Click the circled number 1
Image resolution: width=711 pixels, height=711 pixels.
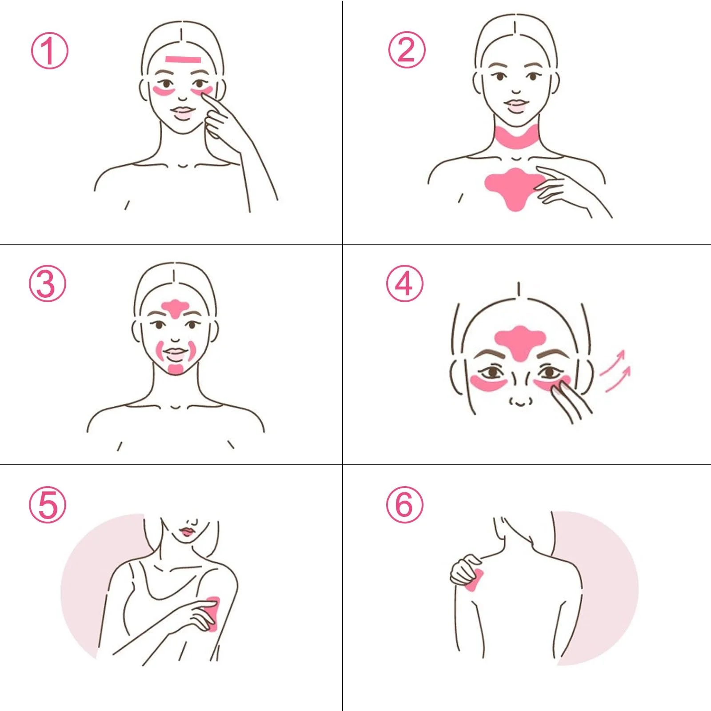click(x=49, y=50)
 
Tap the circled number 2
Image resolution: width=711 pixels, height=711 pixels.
click(x=407, y=50)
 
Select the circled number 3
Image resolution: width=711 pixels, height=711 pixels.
click(x=48, y=284)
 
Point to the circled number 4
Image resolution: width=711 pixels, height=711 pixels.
click(x=404, y=284)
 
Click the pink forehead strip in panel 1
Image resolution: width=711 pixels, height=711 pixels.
click(x=183, y=59)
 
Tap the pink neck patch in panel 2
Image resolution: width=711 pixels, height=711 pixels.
click(x=516, y=138)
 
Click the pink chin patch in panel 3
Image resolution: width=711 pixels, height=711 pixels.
click(x=176, y=369)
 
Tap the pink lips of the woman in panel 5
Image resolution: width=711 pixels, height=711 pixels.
click(x=187, y=531)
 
